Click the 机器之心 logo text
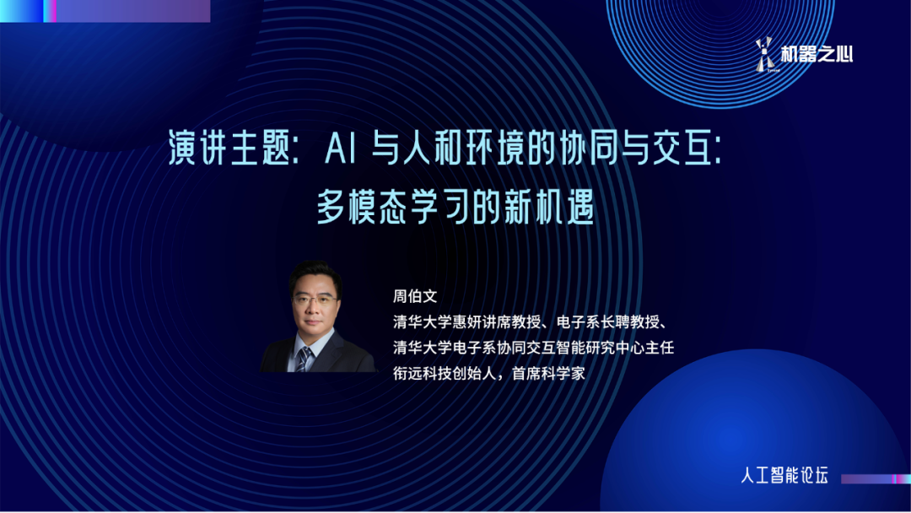coord(817,55)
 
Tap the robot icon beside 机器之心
coord(765,55)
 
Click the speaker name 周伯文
coord(415,296)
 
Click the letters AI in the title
coord(340,148)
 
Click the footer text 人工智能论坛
coord(784,475)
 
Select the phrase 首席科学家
coord(548,374)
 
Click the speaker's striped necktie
coord(303,359)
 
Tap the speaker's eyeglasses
coord(315,300)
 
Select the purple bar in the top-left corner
coord(133,11)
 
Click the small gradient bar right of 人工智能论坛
coord(876,478)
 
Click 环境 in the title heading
coord(481,148)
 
